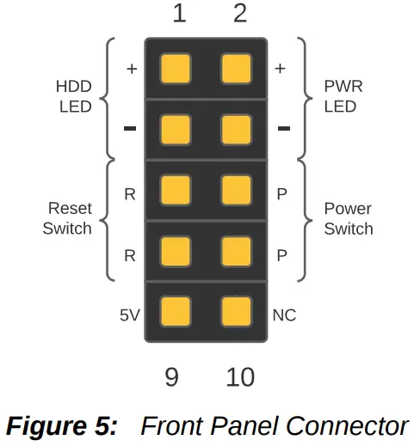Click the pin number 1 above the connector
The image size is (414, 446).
point(179,14)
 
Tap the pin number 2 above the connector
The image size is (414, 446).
point(240,14)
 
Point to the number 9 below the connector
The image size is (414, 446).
point(171,376)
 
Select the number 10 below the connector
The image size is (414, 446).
point(240,376)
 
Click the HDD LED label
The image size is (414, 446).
point(74,97)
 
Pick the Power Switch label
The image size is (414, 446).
point(349,218)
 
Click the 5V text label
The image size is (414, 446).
point(129,315)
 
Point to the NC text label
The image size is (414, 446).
point(284,315)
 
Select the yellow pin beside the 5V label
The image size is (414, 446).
point(175,310)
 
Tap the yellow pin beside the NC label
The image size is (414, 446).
point(236,310)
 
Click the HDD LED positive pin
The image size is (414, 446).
point(175,68)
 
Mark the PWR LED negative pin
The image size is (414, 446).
point(236,129)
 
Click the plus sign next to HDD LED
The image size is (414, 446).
point(131,69)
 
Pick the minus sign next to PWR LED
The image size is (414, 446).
point(284,129)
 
